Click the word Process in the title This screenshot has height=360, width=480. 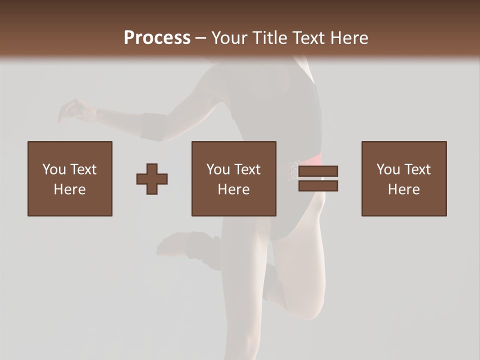point(157,38)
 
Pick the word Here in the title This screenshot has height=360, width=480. point(349,38)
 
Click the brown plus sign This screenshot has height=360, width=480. point(152,179)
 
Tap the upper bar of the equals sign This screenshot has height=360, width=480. point(318,171)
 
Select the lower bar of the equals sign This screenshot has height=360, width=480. point(318,186)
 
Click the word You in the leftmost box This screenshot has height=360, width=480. point(53,169)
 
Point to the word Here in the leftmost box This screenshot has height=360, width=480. point(69,189)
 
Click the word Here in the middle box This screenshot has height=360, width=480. point(233,189)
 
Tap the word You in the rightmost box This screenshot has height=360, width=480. point(387,169)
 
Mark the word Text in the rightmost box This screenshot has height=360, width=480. point(417,169)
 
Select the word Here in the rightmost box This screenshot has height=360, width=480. point(403,189)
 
